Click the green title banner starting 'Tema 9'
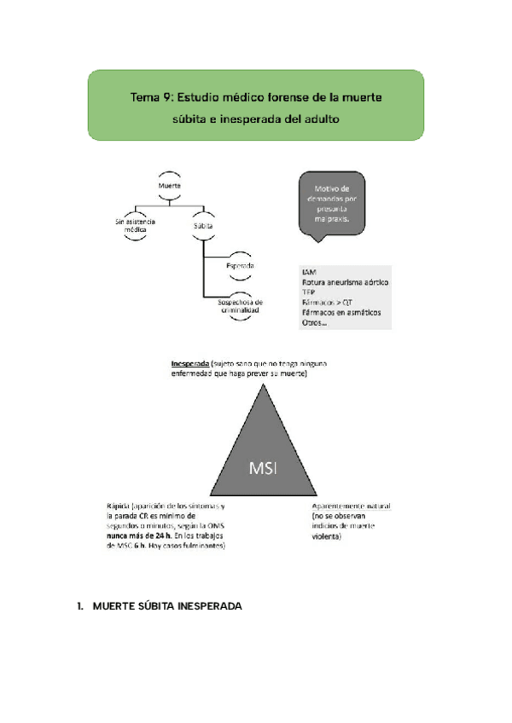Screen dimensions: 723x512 [x=256, y=105]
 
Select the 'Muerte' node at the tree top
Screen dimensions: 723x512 [x=170, y=186]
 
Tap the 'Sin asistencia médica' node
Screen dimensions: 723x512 [x=136, y=226]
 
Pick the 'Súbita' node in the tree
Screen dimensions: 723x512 [x=202, y=226]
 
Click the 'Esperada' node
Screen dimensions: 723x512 [x=241, y=267]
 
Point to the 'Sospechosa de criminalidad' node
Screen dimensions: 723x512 [x=240, y=306]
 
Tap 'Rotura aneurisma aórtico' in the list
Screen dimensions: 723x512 [x=346, y=281]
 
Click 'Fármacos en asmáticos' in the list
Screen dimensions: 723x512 [x=340, y=312]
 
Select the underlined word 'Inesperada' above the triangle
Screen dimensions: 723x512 [x=190, y=364]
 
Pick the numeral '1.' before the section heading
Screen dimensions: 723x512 [x=80, y=606]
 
